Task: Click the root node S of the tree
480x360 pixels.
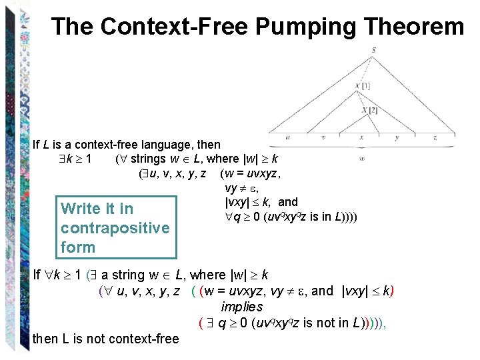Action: click(x=373, y=49)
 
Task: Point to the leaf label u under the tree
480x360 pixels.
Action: click(x=287, y=138)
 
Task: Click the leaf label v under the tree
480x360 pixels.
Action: click(x=323, y=138)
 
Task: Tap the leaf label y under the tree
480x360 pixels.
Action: click(x=397, y=138)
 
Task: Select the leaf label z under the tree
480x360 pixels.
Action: click(x=434, y=138)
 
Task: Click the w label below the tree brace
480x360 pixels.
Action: click(x=361, y=159)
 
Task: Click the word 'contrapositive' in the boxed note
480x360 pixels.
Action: click(x=115, y=228)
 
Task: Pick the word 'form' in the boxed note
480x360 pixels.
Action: click(x=78, y=247)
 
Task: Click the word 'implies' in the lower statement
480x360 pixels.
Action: click(x=242, y=307)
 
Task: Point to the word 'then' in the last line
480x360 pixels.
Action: click(x=45, y=339)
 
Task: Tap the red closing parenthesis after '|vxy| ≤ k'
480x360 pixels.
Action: click(x=393, y=291)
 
